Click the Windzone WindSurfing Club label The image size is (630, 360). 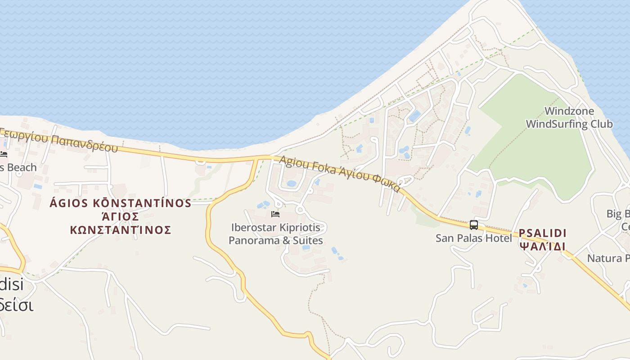569,117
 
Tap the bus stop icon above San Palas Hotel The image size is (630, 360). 473,225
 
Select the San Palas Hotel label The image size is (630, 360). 473,238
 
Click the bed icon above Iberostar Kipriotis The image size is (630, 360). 275,214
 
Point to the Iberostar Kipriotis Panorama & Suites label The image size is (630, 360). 275,234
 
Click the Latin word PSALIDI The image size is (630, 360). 542,233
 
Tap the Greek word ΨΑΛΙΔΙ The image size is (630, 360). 542,246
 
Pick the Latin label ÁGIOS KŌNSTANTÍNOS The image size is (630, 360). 121,203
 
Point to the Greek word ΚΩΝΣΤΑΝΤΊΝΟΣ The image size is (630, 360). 121,230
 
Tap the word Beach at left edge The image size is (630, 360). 20,167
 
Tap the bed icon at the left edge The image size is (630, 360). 4,154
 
